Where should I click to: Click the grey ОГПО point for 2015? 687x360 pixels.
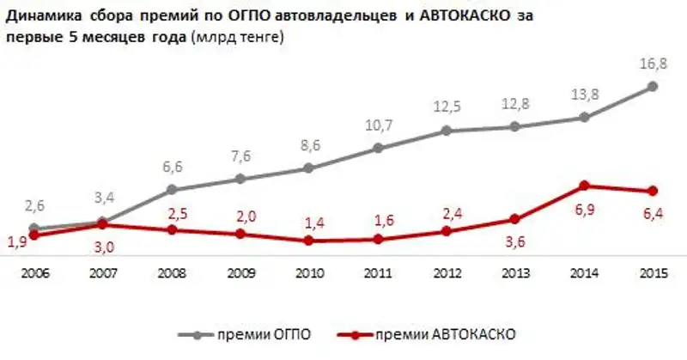653,86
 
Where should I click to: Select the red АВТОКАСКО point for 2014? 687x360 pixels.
584,186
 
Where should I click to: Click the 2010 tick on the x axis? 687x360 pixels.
309,274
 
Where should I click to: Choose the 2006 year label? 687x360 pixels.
34,274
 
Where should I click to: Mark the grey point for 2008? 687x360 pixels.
172,190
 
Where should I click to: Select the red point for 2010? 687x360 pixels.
309,241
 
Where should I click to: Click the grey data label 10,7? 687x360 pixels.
377,125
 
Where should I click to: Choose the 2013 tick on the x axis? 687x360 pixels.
515,274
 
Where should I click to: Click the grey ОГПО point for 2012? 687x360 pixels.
447,131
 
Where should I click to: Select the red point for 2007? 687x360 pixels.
103,225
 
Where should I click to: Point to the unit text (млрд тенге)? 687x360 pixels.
239,39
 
